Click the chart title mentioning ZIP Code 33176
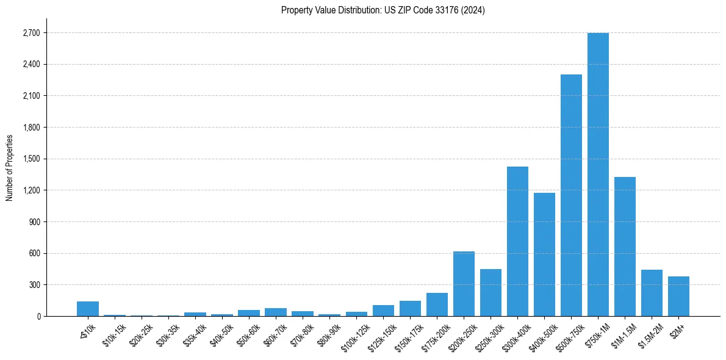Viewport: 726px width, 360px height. [383, 10]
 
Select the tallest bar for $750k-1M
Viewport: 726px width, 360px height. [598, 175]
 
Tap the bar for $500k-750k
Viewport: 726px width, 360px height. [571, 195]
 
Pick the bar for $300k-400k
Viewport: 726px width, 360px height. [517, 241]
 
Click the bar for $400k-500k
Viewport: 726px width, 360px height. [544, 254]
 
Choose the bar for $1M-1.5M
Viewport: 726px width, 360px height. [625, 247]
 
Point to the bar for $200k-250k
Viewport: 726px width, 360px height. [464, 284]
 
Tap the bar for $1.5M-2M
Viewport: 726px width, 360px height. [652, 293]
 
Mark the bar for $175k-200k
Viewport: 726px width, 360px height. [437, 304]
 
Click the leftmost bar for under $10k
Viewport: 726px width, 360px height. [88, 309]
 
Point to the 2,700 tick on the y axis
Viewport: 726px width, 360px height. [31, 33]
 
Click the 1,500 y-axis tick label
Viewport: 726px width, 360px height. [31, 159]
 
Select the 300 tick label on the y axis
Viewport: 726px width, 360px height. [33, 285]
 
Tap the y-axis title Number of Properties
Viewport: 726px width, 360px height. [10, 167]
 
